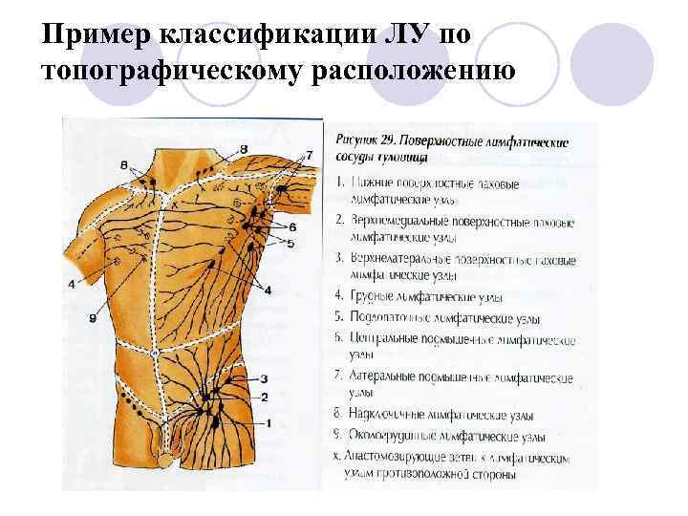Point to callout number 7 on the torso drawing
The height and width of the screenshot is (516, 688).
point(309,154)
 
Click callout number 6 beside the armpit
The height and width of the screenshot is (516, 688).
point(290,226)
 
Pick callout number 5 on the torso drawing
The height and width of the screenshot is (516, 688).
point(290,244)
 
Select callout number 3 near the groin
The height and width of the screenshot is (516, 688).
point(264,378)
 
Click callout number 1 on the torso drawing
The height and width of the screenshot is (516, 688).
point(270,422)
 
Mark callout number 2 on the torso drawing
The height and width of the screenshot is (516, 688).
point(264,396)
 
